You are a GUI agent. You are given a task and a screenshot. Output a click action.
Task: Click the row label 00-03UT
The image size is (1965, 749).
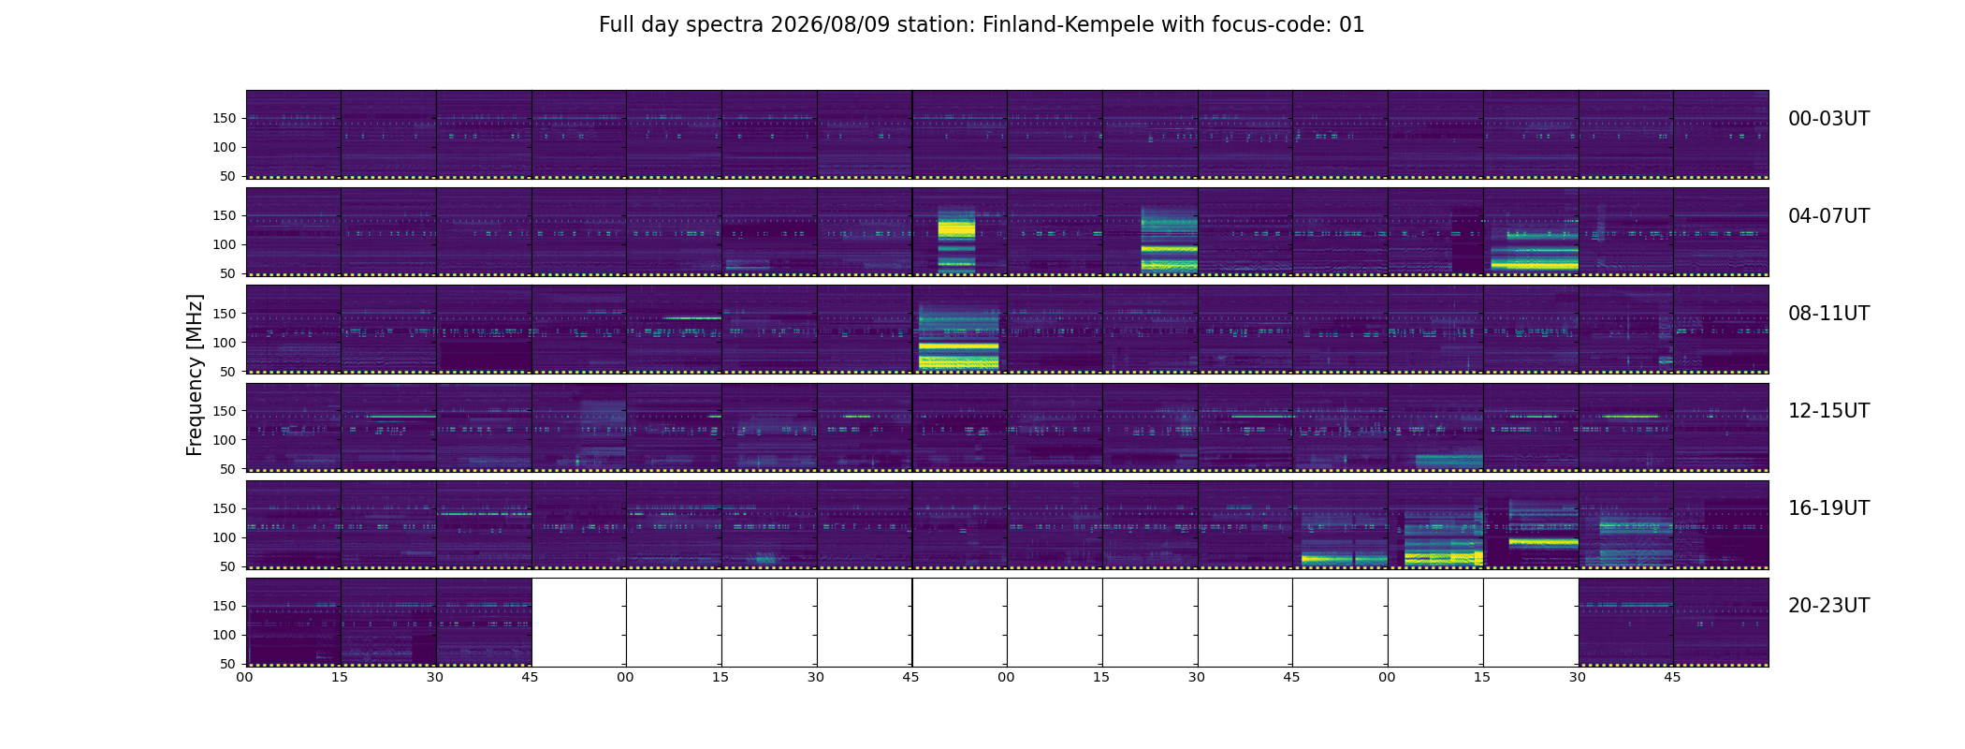pos(1828,119)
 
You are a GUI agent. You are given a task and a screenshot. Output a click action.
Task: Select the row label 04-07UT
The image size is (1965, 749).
pos(1828,216)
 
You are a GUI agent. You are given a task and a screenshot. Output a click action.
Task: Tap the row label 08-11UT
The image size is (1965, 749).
pos(1828,314)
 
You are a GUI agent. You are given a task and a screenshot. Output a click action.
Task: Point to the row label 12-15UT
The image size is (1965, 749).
pos(1828,411)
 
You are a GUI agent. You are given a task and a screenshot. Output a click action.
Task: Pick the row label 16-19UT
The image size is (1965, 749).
pos(1828,508)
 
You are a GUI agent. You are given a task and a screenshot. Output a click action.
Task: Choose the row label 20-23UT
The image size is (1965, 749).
pos(1828,606)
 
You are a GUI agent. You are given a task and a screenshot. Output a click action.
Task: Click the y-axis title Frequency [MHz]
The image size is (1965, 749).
pos(195,374)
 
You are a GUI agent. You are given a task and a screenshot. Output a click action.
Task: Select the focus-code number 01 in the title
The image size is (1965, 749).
pos(1352,25)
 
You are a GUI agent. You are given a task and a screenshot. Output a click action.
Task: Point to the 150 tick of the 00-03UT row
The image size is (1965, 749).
pos(225,118)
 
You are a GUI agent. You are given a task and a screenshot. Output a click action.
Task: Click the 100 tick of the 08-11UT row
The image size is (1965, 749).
pos(225,343)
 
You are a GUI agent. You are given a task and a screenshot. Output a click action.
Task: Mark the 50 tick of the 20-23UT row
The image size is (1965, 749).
pos(228,664)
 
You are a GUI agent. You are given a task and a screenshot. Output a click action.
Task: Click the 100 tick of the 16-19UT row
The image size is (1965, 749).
pos(225,537)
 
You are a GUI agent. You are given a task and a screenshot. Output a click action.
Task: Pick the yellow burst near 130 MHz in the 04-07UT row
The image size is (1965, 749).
pos(956,228)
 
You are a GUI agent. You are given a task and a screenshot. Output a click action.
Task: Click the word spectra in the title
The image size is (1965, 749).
pos(724,26)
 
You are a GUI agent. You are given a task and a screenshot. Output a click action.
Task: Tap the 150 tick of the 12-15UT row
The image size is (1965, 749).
pos(225,410)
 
